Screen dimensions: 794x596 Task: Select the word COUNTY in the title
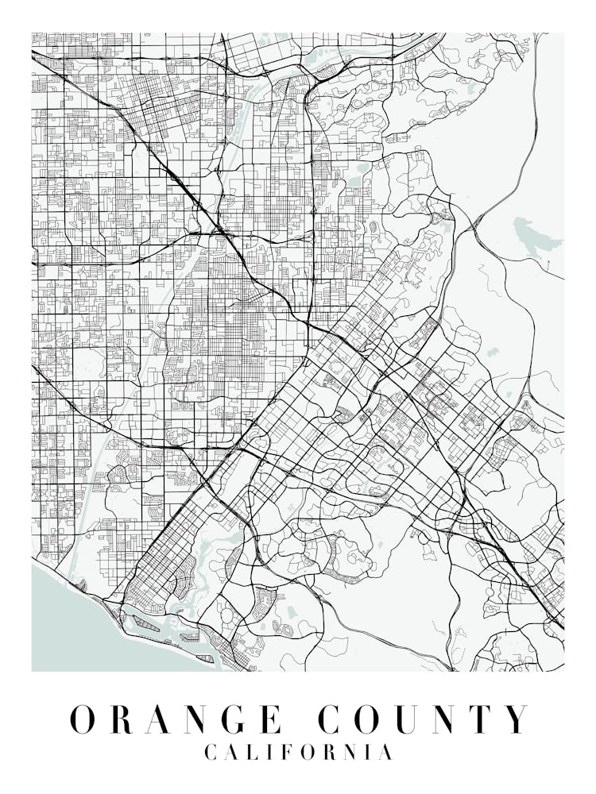[422, 719]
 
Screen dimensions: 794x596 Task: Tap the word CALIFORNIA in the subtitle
[298, 752]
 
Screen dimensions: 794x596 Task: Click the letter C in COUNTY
[331, 719]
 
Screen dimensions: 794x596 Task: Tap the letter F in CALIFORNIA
[287, 752]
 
